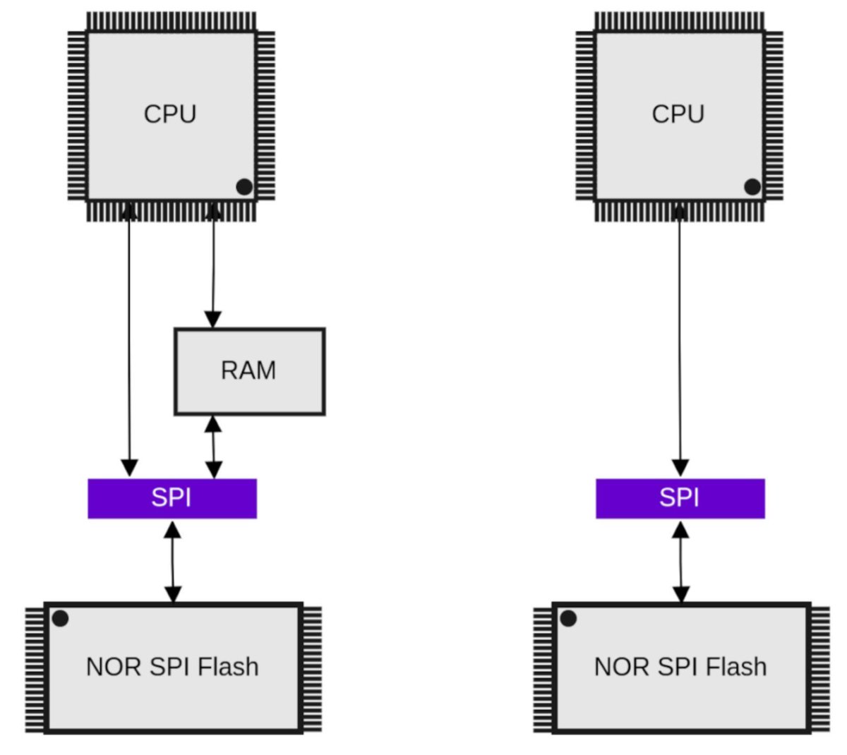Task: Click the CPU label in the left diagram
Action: click(170, 114)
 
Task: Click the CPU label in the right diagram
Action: click(678, 114)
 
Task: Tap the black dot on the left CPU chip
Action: click(244, 187)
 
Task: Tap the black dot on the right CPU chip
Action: click(752, 187)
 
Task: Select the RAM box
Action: click(250, 371)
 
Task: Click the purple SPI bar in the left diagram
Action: click(172, 498)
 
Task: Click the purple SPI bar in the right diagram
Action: click(680, 498)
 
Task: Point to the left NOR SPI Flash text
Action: click(172, 667)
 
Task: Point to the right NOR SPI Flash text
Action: click(680, 667)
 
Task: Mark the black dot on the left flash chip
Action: click(61, 619)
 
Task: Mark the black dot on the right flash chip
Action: click(568, 619)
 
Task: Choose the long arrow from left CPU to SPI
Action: click(129, 339)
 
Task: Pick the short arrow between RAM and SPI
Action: click(213, 447)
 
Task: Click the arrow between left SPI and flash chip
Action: click(173, 562)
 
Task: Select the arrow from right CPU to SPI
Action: click(680, 339)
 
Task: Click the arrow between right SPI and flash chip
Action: click(681, 562)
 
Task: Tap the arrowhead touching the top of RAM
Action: click(213, 319)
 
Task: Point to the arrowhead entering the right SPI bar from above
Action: click(680, 469)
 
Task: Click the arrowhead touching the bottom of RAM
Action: click(213, 423)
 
